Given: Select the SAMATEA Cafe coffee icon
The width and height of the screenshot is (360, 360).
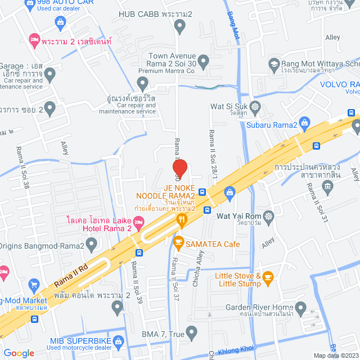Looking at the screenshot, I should [x=178, y=244].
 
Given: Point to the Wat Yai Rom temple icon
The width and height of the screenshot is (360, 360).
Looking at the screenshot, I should [x=271, y=216].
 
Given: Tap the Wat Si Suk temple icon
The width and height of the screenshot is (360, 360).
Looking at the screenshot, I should [x=256, y=106].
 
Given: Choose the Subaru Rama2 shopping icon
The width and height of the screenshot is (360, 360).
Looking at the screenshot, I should [x=304, y=121].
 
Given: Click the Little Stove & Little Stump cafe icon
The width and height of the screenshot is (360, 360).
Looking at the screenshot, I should [x=268, y=276].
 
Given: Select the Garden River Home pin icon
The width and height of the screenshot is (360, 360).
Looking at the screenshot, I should [x=301, y=307].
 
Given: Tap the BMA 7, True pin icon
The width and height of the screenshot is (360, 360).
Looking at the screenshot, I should [x=192, y=334].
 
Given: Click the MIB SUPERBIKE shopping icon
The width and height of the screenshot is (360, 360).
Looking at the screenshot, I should [x=118, y=341].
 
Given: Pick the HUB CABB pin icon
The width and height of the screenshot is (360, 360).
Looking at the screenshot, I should [x=180, y=25].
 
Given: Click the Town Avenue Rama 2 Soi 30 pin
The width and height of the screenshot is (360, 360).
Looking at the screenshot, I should [x=204, y=60].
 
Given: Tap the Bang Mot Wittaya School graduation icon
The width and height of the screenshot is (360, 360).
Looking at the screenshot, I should [x=274, y=63].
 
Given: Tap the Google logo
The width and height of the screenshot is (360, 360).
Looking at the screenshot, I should [x=19, y=353].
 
